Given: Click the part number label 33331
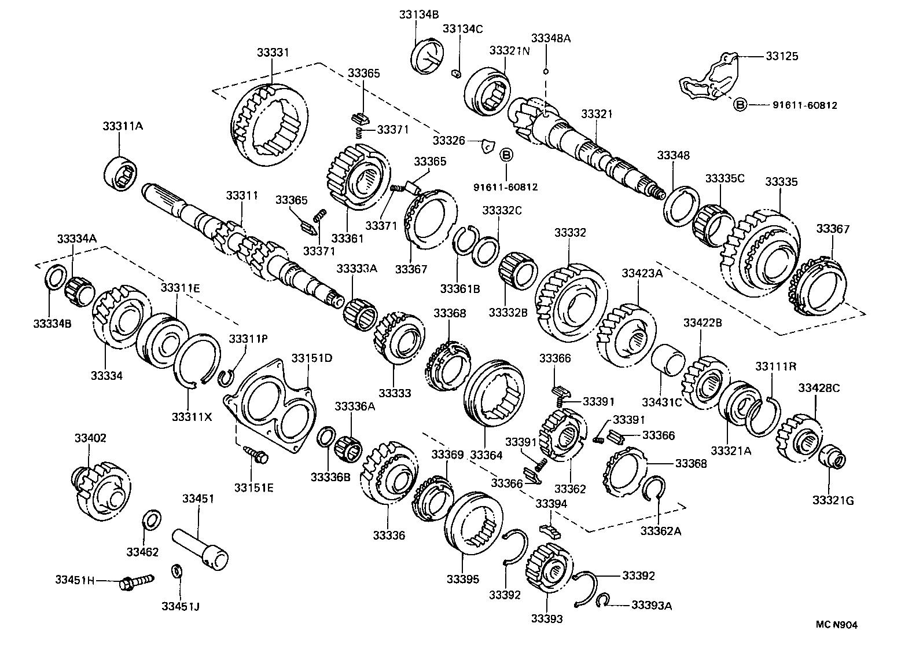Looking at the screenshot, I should pyautogui.click(x=273, y=53).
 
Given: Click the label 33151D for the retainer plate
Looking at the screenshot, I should pyautogui.click(x=311, y=358).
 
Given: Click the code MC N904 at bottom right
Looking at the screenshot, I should pyautogui.click(x=836, y=625).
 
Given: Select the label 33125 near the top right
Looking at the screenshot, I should pyautogui.click(x=782, y=56).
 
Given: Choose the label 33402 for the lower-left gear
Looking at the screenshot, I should pyautogui.click(x=90, y=438).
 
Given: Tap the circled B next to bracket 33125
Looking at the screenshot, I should pyautogui.click(x=740, y=105).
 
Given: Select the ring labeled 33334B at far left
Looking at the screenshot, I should pyautogui.click(x=54, y=278).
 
